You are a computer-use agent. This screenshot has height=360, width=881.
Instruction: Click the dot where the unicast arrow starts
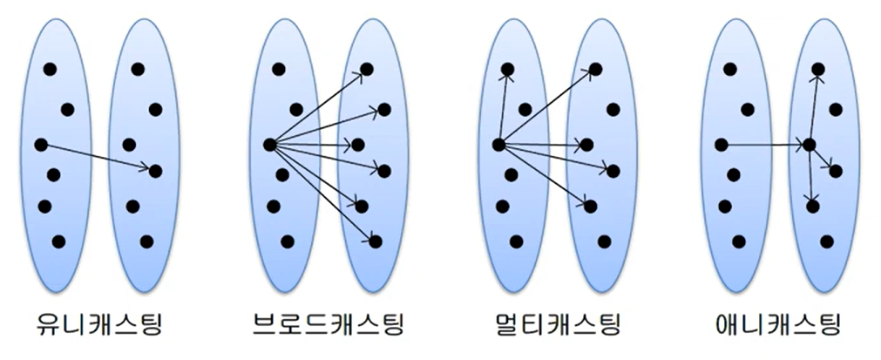40,145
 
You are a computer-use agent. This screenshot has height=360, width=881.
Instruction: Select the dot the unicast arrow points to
155,171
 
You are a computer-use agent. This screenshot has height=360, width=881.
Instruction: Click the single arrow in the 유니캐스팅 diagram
98,158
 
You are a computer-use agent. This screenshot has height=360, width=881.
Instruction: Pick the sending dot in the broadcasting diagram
268,145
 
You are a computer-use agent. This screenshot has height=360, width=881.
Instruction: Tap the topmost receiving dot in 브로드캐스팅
366,69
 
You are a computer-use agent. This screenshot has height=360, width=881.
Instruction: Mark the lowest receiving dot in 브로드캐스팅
376,241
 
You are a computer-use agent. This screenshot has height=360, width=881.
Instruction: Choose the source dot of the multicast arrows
498,145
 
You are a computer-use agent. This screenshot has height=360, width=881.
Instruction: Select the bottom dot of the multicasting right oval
605,241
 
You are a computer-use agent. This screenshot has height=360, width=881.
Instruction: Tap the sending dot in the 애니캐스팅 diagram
721,145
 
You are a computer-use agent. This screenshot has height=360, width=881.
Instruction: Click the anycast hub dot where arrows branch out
809,145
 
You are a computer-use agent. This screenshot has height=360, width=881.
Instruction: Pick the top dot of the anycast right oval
818,69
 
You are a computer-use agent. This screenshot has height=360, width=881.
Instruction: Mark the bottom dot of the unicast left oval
58,241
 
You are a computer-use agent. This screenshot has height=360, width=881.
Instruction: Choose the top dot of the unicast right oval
138,69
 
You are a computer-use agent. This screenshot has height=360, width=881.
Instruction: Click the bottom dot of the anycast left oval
739,241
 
